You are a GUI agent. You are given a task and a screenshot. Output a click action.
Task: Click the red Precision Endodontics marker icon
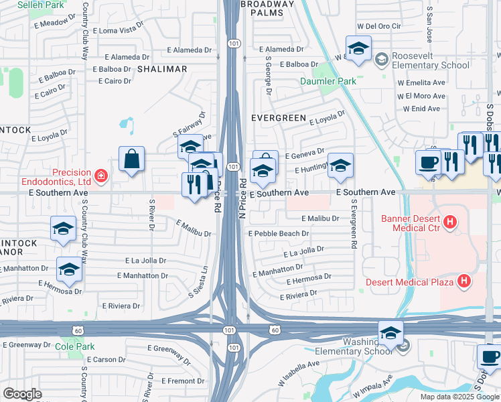coord(101,176)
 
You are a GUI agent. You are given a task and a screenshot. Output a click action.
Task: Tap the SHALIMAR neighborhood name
coord(162,69)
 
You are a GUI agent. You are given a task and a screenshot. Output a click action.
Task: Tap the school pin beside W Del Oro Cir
coord(358,49)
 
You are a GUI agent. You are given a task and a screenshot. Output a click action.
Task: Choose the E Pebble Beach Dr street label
coord(278,234)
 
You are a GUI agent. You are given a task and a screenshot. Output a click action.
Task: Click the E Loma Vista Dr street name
coord(119,30)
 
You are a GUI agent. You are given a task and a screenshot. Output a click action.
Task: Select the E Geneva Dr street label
coord(304,154)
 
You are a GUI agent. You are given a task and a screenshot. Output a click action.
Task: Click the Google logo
coord(22,394)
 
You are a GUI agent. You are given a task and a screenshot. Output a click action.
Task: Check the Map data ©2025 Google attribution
coord(459,397)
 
